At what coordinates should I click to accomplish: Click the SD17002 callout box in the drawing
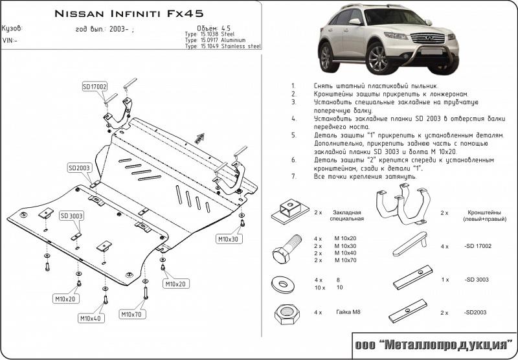(x=95, y=87)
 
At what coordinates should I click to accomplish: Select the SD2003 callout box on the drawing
(x=79, y=168)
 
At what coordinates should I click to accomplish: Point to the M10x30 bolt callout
(x=227, y=239)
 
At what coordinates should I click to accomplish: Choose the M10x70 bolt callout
(x=132, y=315)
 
